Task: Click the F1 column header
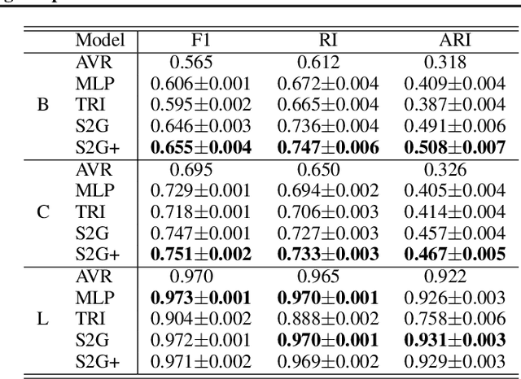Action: click(201, 40)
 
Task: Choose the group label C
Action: click(42, 211)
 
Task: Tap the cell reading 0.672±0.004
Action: click(327, 83)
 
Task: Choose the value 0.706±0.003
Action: click(327, 211)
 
